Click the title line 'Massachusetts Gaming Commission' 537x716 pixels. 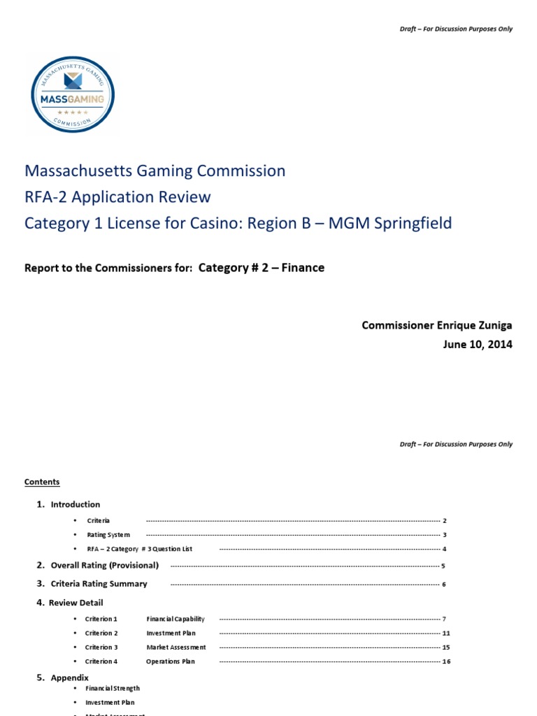point(155,171)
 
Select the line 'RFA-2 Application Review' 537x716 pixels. point(117,196)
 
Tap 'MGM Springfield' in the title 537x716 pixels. point(395,223)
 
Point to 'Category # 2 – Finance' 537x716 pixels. point(262,267)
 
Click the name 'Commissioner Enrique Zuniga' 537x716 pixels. point(436,325)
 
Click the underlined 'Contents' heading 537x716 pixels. point(42,482)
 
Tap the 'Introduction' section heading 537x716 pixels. point(75,504)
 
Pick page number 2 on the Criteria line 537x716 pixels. point(445,521)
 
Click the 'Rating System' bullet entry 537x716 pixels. point(108,535)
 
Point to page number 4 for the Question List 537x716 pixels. point(445,549)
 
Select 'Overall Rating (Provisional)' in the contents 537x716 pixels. point(104,565)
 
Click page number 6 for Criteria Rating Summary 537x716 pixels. point(444,584)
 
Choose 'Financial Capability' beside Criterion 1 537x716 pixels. point(176,619)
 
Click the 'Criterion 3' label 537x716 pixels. point(101,647)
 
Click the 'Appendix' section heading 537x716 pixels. point(69,678)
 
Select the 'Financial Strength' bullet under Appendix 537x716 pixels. point(113,689)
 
